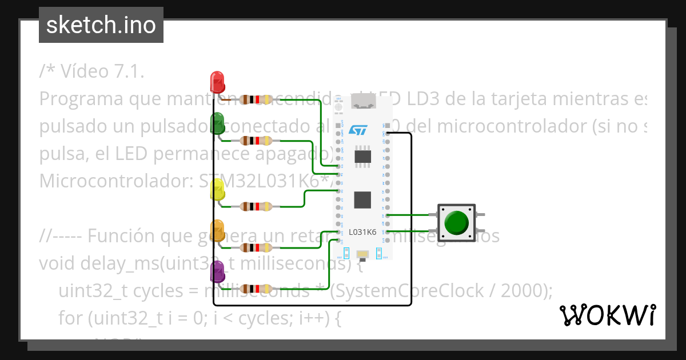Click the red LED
[x=217, y=82]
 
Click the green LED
[x=217, y=123]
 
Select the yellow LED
[x=217, y=189]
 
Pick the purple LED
[x=217, y=271]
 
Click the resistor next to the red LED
[x=255, y=100]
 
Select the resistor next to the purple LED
[x=255, y=289]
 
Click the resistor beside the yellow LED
[x=255, y=206]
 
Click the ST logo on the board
[x=357, y=130]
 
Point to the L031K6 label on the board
[x=362, y=232]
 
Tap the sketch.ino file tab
[x=101, y=25]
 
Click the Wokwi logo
[x=607, y=314]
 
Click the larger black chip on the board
[x=363, y=199]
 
